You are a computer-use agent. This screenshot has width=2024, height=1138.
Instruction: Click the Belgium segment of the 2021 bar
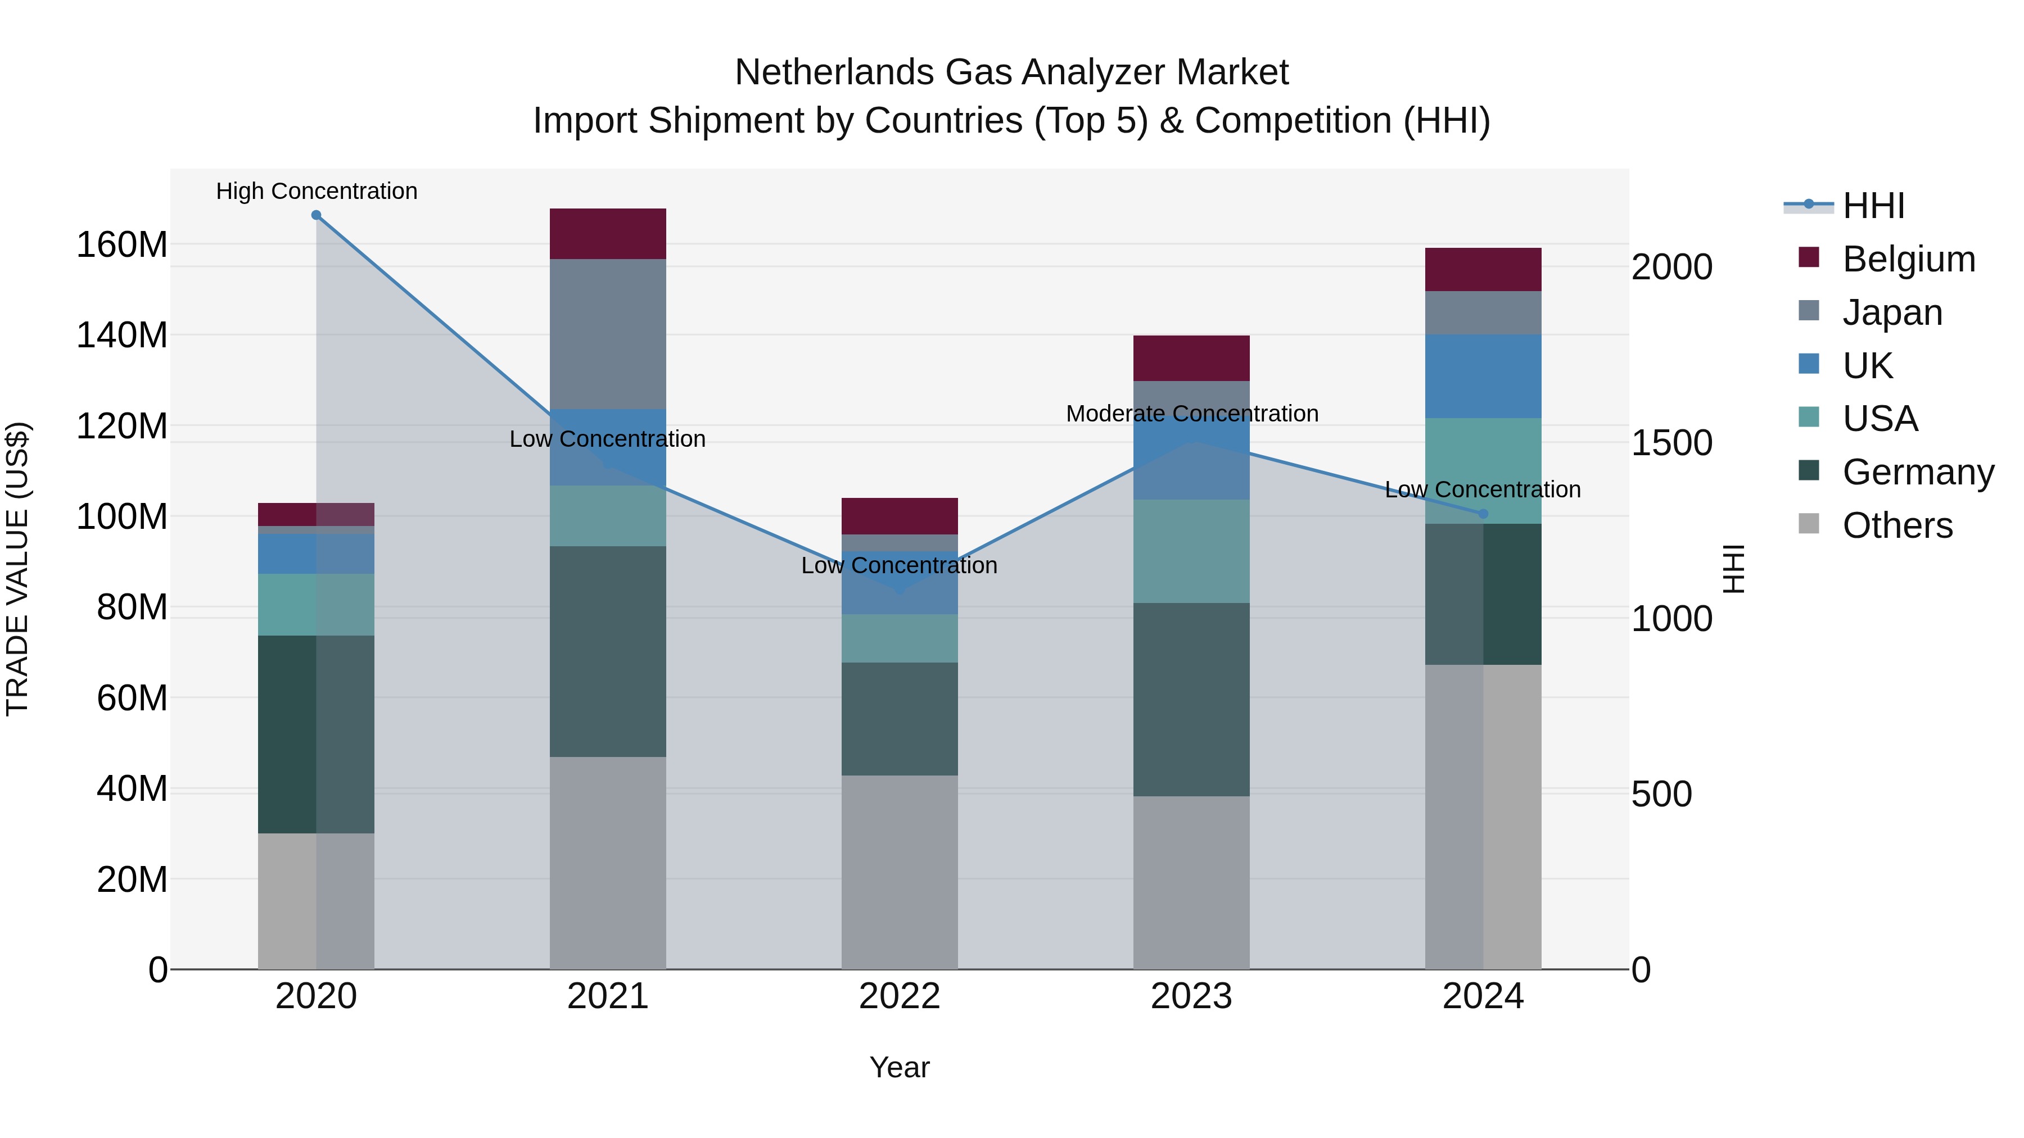(x=607, y=233)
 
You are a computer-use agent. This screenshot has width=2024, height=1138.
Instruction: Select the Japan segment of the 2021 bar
(x=607, y=334)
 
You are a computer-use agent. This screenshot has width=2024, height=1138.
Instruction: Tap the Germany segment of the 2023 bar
(x=1191, y=699)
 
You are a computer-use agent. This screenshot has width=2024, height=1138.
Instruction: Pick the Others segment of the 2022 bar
(x=899, y=872)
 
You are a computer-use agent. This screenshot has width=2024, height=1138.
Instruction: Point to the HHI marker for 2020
(x=316, y=215)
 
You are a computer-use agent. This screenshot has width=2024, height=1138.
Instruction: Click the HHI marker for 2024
(x=1483, y=514)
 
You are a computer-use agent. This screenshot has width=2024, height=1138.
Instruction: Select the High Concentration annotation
(x=316, y=192)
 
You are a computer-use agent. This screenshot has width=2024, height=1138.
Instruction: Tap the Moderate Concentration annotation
(x=1191, y=414)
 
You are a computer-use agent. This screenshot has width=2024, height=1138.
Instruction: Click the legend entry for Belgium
(x=1908, y=259)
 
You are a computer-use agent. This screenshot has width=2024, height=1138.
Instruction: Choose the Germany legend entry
(x=1917, y=472)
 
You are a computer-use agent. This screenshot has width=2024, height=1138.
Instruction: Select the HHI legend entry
(x=1872, y=206)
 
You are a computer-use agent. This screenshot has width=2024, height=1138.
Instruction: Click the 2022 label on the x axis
(x=899, y=996)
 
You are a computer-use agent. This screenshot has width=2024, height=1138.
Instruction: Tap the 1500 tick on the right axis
(x=1671, y=443)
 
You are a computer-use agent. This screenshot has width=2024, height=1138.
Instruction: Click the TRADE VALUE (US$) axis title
(x=17, y=569)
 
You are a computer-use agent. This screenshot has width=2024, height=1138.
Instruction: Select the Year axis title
(x=899, y=1067)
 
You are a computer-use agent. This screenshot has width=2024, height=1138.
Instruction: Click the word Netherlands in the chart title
(x=834, y=73)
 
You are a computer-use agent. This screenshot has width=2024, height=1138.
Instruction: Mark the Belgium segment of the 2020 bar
(x=316, y=514)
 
